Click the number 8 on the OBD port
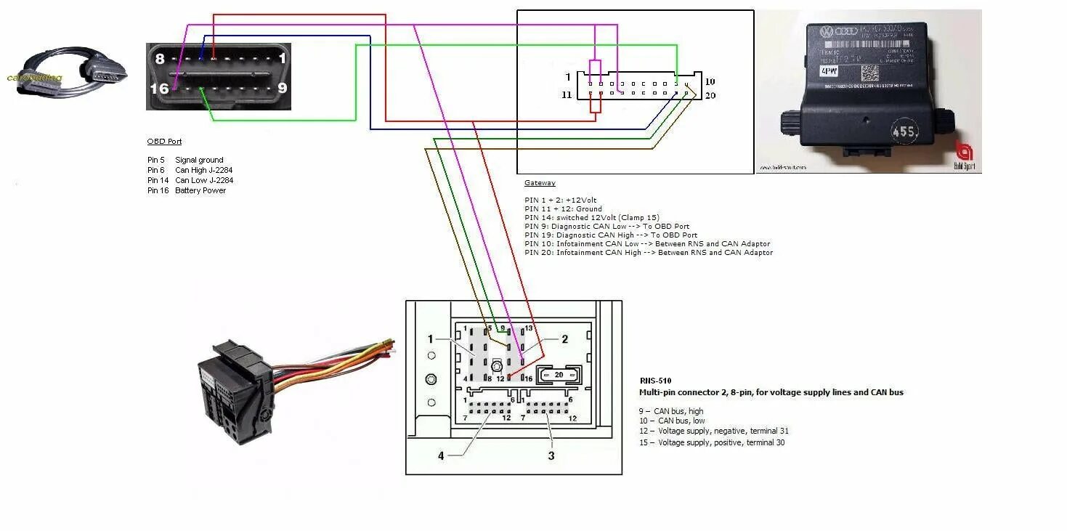click(160, 58)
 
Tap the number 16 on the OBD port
click(160, 89)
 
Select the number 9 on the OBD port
click(282, 88)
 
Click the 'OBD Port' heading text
click(164, 142)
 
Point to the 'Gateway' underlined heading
click(540, 183)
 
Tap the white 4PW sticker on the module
click(828, 71)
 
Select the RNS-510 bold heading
click(655, 381)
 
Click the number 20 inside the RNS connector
click(559, 375)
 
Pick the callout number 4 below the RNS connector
click(440, 456)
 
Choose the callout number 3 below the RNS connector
click(551, 456)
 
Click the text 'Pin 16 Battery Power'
click(187, 190)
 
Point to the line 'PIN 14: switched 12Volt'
click(592, 218)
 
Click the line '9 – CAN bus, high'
click(671, 411)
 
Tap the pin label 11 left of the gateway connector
click(567, 95)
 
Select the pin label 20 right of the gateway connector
click(710, 95)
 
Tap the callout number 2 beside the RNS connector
click(564, 339)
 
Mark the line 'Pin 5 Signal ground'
click(185, 160)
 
